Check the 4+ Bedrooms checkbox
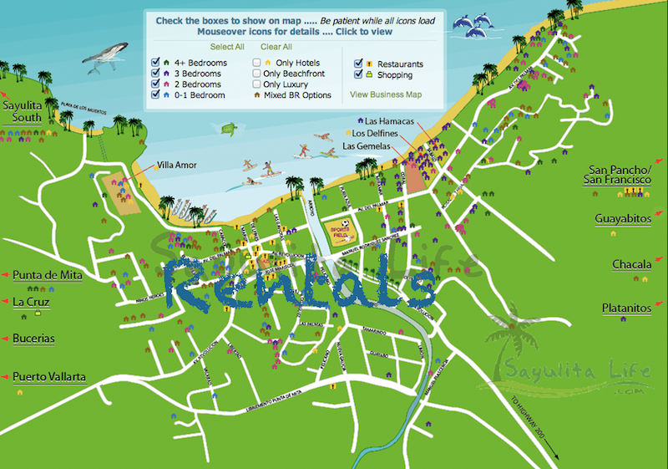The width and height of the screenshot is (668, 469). [x=155, y=63]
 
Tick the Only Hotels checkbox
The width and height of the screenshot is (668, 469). [x=257, y=63]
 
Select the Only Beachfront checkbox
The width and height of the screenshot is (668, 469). [x=257, y=74]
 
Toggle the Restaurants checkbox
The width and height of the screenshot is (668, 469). [x=358, y=64]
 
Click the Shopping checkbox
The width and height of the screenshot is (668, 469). [x=358, y=74]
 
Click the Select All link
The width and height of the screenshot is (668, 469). [x=227, y=48]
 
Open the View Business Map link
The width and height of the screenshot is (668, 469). [x=385, y=95]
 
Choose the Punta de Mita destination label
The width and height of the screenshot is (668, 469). [x=48, y=275]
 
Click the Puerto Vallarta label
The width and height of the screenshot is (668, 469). [x=49, y=377]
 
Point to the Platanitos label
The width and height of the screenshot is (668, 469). [x=626, y=308]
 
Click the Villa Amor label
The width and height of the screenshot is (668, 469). [x=176, y=166]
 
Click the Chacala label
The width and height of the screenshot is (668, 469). [x=631, y=264]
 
